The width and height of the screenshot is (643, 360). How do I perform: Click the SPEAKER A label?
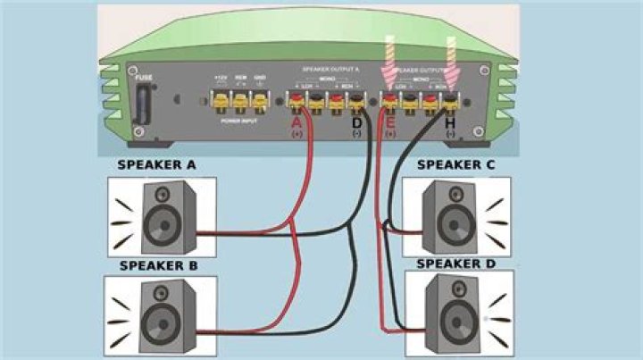(x=157, y=165)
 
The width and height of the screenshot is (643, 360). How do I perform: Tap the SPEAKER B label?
(x=157, y=266)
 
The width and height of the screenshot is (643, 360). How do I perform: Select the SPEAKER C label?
(x=455, y=165)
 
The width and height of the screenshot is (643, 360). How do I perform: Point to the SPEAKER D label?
(x=455, y=265)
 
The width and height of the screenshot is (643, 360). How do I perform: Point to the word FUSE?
(x=144, y=79)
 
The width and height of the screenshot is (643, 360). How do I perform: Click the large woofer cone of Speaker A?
(x=162, y=221)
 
